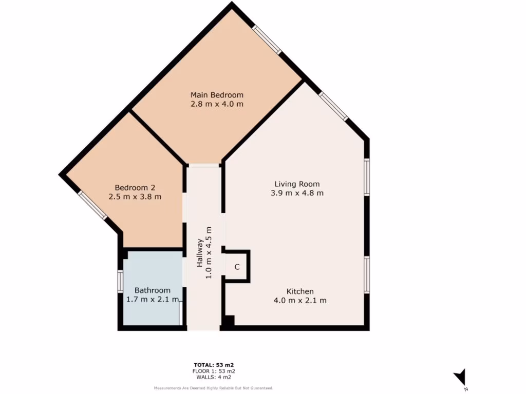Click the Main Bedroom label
click(x=217, y=95)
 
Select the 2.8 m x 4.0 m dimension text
click(x=217, y=104)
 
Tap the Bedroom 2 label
click(x=135, y=187)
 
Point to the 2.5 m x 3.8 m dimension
click(x=135, y=196)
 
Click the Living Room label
click(x=297, y=184)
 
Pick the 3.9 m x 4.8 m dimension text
click(x=297, y=193)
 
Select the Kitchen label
click(x=300, y=291)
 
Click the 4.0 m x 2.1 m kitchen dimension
click(x=300, y=301)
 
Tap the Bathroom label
click(x=152, y=290)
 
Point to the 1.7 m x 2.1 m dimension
click(x=153, y=300)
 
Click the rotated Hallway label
click(x=199, y=254)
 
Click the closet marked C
click(x=237, y=267)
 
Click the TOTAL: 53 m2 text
click(x=214, y=365)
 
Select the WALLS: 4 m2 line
click(x=214, y=377)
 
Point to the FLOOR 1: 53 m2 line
click(x=214, y=371)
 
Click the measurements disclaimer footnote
click(x=214, y=388)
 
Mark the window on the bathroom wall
click(x=120, y=281)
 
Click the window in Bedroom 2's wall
click(x=92, y=205)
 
